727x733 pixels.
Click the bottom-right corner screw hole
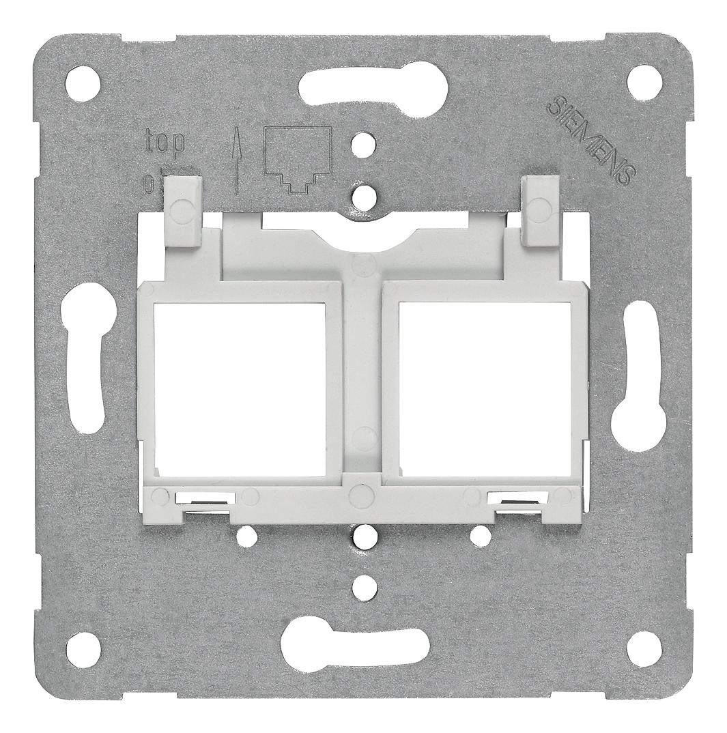640,642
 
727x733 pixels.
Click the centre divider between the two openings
362,382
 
